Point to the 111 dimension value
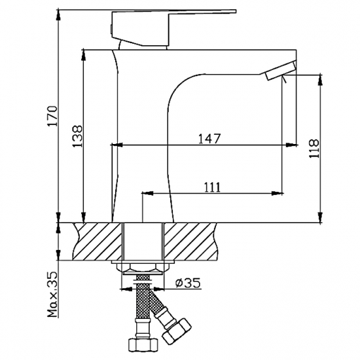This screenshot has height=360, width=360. click(211, 187)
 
